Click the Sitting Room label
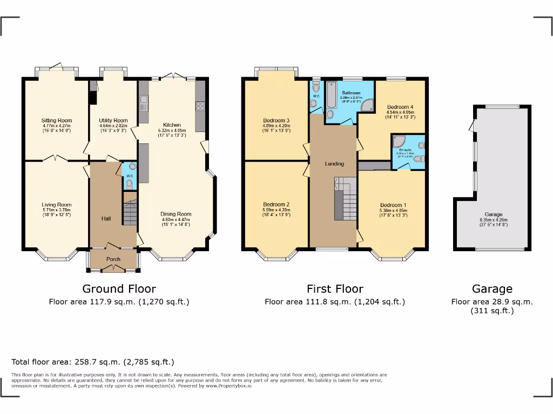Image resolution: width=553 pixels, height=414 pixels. [x=57, y=121]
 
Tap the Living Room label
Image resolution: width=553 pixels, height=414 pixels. [x=57, y=205]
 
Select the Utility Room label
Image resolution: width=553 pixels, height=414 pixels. [x=113, y=121]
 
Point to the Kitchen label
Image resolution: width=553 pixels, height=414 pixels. [x=172, y=125]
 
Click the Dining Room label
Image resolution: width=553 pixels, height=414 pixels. [x=176, y=214]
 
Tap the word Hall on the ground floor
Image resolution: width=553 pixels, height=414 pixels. [x=106, y=219]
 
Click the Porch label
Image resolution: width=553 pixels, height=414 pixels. [x=113, y=259]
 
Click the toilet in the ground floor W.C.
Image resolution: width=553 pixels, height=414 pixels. [x=129, y=184]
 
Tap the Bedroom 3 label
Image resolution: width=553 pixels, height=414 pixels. [x=276, y=120]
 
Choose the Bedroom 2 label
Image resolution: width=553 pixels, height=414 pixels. [x=276, y=205]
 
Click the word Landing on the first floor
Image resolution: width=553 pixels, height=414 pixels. [x=335, y=164]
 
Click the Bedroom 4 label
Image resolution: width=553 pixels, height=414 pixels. [x=400, y=107]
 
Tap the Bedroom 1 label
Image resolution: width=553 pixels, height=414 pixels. [x=393, y=205]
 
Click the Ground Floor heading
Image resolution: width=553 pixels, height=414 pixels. [x=119, y=289]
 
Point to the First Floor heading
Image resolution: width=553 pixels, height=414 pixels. [x=335, y=289]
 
